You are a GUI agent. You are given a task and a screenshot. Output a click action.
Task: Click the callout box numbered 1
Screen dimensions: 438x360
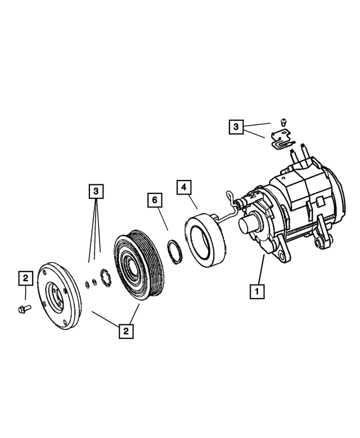[257, 292]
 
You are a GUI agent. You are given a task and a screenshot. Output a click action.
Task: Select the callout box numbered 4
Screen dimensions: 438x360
[183, 186]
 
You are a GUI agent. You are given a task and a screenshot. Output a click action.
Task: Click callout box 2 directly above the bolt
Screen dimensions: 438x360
[25, 278]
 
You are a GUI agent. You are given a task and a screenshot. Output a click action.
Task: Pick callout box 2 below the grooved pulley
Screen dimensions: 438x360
[125, 331]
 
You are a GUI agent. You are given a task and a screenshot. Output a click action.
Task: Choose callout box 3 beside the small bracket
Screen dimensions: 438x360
[237, 127]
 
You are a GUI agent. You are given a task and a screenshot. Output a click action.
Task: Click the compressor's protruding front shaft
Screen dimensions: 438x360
[247, 225]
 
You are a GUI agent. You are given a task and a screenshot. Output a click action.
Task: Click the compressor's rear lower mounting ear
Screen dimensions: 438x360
[322, 242]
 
